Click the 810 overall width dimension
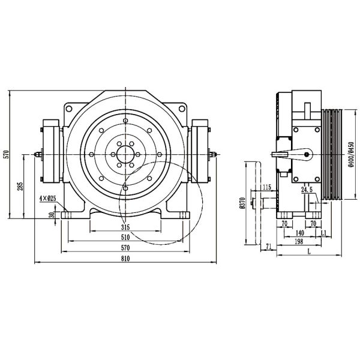[124, 259]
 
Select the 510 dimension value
[124, 238]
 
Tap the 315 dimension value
[125, 227]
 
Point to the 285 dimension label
[19, 187]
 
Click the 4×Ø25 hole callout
[47, 198]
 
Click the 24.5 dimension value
[307, 190]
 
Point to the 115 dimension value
[266, 188]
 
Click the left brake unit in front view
[50, 154]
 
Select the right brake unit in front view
[199, 154]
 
